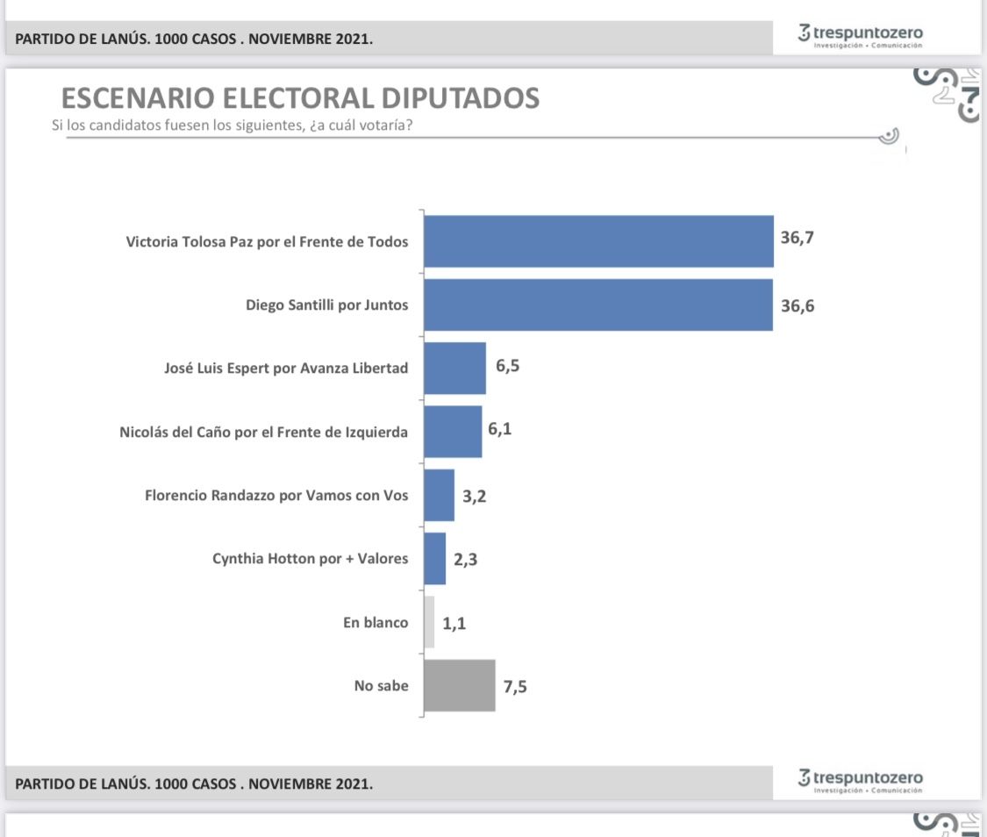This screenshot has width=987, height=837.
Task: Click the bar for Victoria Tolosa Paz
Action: pyautogui.click(x=598, y=241)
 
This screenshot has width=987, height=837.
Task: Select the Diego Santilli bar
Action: pyautogui.click(x=597, y=305)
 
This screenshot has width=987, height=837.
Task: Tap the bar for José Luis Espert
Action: pyautogui.click(x=454, y=368)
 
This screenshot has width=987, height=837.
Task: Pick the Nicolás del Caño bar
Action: pyautogui.click(x=453, y=432)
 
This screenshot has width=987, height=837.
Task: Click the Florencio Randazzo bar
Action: pyautogui.click(x=439, y=495)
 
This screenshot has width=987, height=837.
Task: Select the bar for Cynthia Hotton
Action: pyautogui.click(x=434, y=559)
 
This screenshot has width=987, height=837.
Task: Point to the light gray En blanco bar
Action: pyautogui.click(x=429, y=622)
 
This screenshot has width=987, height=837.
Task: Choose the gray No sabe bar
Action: pyautogui.click(x=459, y=685)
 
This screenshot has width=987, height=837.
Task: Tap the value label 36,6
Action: pyautogui.click(x=797, y=305)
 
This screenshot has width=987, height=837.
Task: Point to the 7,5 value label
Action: pyautogui.click(x=516, y=687)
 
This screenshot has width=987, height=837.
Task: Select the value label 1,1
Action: pyautogui.click(x=454, y=624)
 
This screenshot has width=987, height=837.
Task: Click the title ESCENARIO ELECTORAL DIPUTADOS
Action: pyautogui.click(x=299, y=98)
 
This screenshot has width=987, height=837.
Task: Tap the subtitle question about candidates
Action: pyautogui.click(x=232, y=125)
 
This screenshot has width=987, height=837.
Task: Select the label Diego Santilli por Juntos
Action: pyautogui.click(x=326, y=305)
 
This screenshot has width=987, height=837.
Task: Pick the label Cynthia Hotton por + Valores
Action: pyautogui.click(x=310, y=558)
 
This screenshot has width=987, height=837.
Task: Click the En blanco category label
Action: pyautogui.click(x=375, y=622)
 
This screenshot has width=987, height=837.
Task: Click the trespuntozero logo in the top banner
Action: pyautogui.click(x=860, y=36)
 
